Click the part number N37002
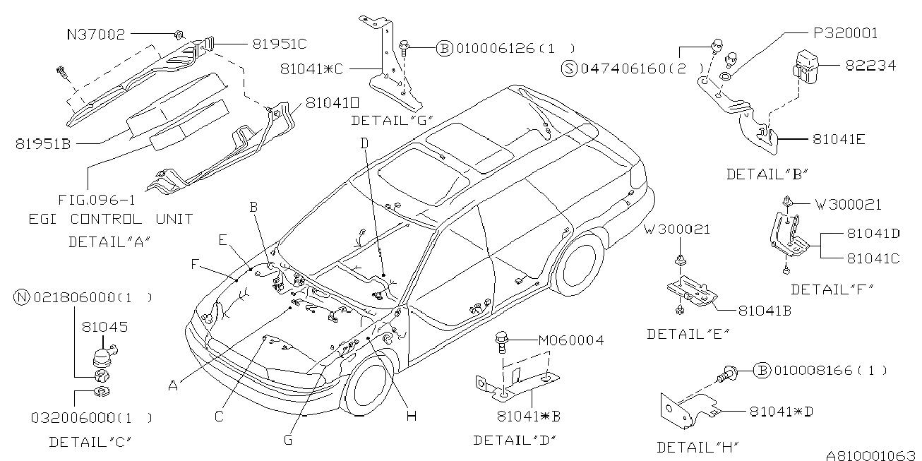click(96, 34)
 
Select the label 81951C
click(280, 44)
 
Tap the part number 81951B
click(43, 144)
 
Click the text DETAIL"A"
click(109, 241)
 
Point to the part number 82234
click(870, 66)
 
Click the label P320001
click(846, 33)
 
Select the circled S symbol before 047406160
click(569, 68)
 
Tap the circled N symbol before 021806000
click(22, 297)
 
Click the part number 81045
click(104, 327)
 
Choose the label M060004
click(571, 340)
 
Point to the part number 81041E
click(839, 140)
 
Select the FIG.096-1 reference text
click(97, 200)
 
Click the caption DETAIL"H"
click(698, 447)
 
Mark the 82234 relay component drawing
click(806, 67)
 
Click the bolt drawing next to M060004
click(502, 342)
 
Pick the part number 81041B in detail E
click(765, 311)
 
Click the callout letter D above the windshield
click(364, 143)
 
